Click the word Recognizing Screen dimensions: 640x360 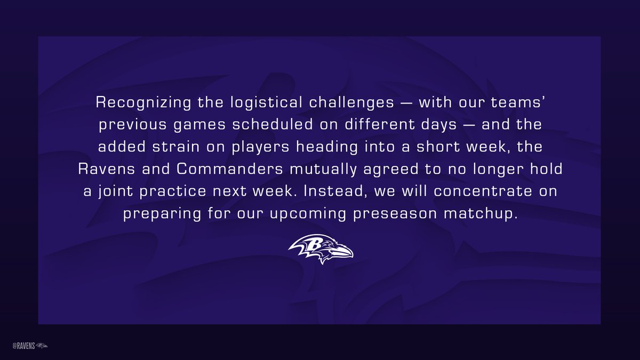coord(143,102)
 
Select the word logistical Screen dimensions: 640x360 coord(266,102)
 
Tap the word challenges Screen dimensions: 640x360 coord(351,102)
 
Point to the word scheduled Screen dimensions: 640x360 coord(273,124)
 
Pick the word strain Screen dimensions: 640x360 coord(175,147)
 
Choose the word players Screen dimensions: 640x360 coord(260,147)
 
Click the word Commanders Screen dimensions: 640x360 coord(230,169)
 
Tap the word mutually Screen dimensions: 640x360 coord(323,169)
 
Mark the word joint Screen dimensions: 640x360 coord(116,191)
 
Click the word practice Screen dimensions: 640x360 coord(173,191)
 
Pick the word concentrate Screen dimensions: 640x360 coord(483,191)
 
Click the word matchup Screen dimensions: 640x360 coord(481,214)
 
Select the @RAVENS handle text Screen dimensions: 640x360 coord(23,346)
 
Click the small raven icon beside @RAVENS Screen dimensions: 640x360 coord(42,346)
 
